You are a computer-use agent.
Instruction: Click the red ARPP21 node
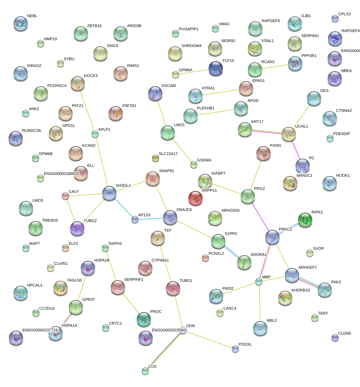coord(195,198)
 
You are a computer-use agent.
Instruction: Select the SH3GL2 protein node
coord(109,193)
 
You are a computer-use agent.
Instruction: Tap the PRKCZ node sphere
coord(272,237)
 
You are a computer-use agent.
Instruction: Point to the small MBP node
coord(259,282)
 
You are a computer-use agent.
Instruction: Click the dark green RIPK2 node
coord(305,220)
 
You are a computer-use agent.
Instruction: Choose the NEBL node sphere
coord(20,23)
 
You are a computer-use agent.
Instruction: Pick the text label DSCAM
coord(169,86)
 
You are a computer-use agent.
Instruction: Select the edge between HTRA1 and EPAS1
coord(220,92)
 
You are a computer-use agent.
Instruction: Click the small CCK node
coord(145,371)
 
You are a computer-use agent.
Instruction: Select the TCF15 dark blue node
coord(215,68)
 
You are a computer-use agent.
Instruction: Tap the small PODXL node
coord(235,349)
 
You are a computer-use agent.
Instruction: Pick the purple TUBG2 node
coord(77,229)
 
